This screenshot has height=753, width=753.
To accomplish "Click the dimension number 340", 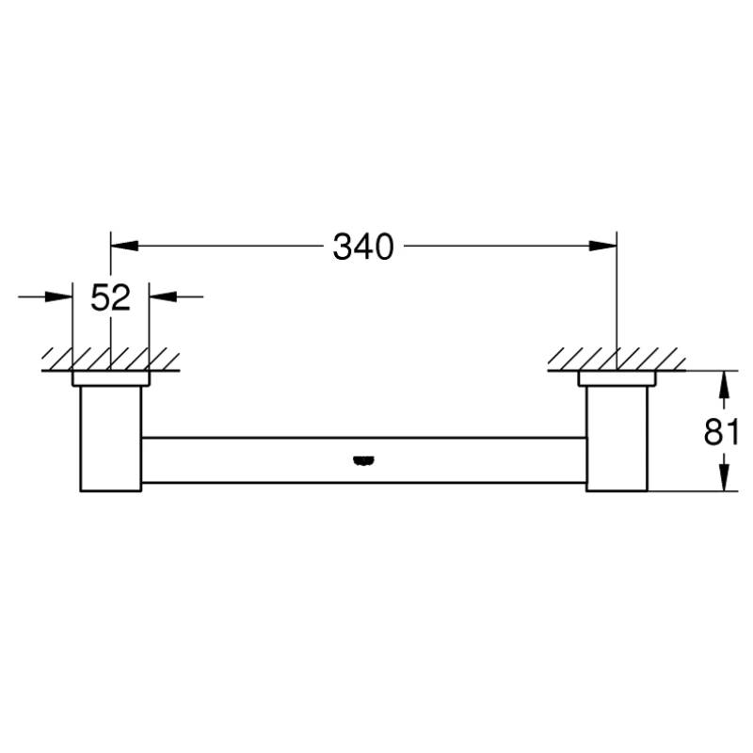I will point(362,248).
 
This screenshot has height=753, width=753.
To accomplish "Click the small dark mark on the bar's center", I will point(362,460).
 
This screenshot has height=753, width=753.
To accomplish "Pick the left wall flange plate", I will point(110,378).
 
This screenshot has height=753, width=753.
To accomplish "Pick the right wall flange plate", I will point(617,378).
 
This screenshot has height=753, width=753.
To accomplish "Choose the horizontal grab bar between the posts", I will point(362,460).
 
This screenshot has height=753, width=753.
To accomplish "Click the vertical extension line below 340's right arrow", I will point(617,301).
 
